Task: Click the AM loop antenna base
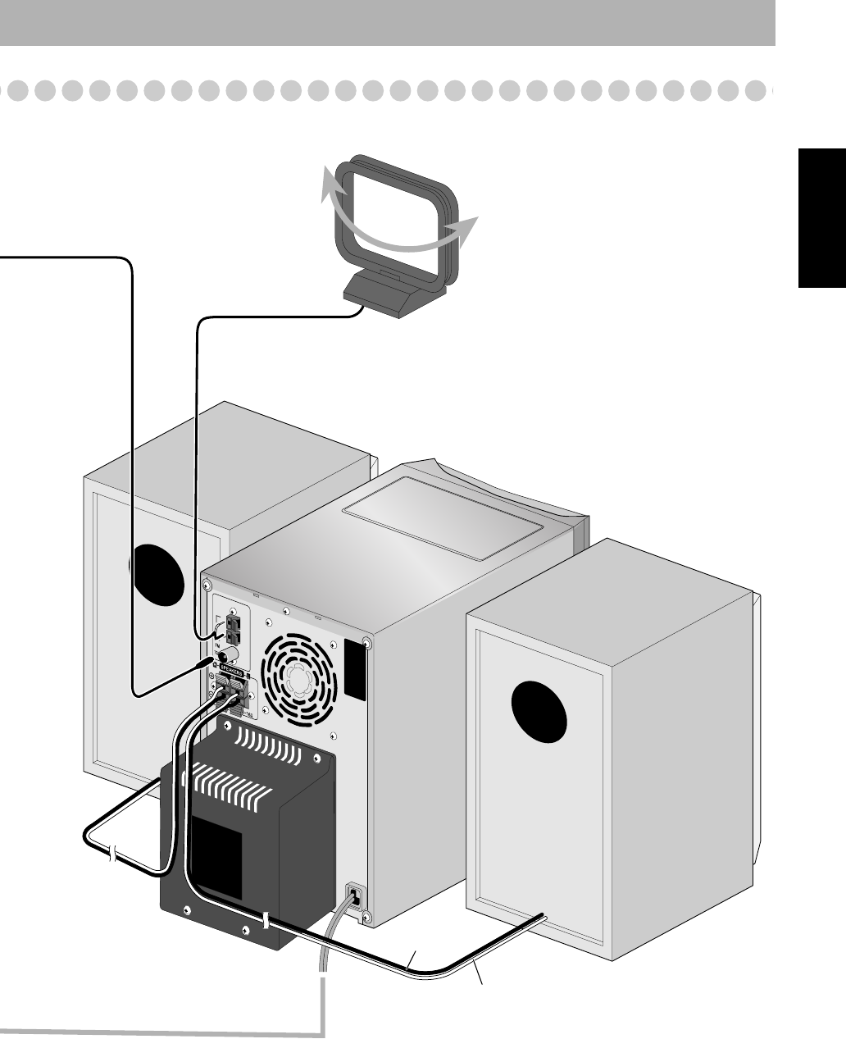tap(393, 294)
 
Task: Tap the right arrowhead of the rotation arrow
tap(468, 228)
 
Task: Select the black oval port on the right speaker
tap(539, 709)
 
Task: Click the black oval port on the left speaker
tap(158, 572)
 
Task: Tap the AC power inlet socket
tap(353, 895)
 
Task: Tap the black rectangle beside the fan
tap(354, 669)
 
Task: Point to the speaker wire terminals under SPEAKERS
tap(231, 693)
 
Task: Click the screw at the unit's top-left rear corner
tap(207, 587)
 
